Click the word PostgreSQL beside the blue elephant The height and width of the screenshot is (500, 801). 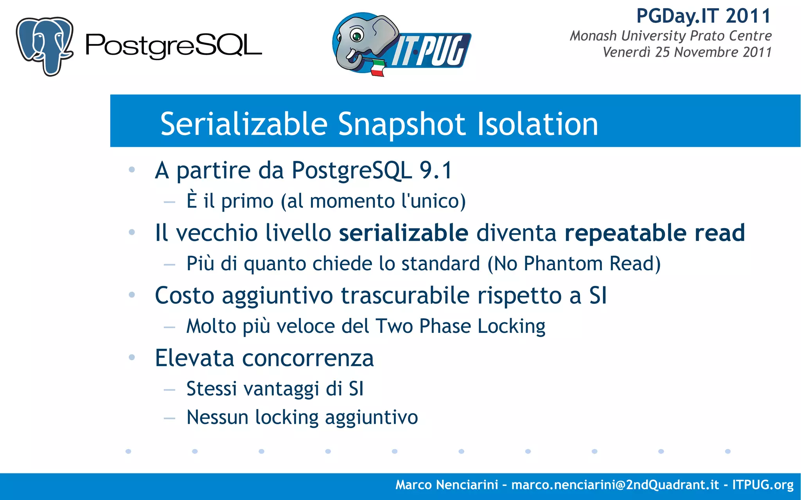[173, 46]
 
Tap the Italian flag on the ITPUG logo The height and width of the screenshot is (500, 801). [377, 68]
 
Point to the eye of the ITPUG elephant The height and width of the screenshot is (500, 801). [356, 36]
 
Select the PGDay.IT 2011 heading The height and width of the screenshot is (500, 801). [703, 16]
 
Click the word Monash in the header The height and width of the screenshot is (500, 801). [593, 36]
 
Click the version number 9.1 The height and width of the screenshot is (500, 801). [436, 170]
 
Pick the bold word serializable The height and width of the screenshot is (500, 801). [403, 233]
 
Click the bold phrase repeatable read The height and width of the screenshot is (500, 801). [654, 233]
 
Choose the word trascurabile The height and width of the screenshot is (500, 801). [405, 295]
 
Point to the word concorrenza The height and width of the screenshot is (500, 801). [308, 358]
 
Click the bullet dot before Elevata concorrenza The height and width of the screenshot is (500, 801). [132, 357]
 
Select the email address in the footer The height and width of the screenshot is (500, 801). [615, 485]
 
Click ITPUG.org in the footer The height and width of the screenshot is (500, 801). [763, 485]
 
